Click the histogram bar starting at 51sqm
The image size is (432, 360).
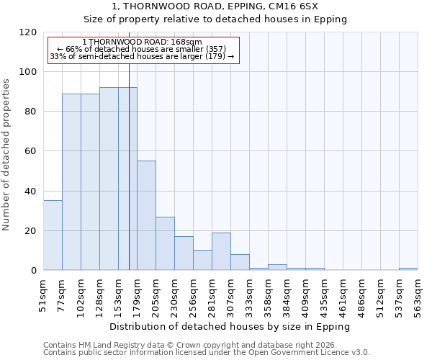[x=53, y=235]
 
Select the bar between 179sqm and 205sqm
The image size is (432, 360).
[x=146, y=216]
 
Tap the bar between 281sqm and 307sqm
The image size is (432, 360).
[x=221, y=251]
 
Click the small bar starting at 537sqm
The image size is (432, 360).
[x=408, y=269]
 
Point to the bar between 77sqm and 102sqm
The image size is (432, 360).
[x=71, y=182]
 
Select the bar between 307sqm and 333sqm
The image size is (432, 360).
[x=240, y=262]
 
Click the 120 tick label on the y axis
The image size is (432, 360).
[x=28, y=32]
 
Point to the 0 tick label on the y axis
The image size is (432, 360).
[x=34, y=271]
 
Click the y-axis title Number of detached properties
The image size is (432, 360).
[x=6, y=155]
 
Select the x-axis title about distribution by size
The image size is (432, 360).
[x=230, y=326]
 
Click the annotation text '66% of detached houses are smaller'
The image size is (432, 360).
[x=141, y=49]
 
